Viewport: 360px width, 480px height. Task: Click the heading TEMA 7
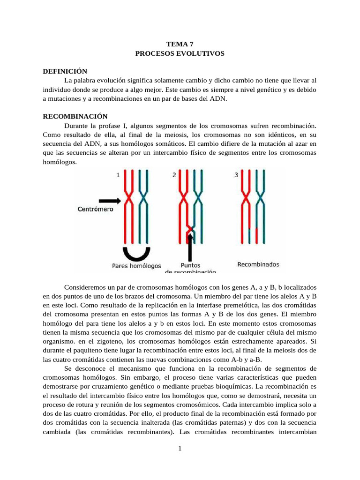180,44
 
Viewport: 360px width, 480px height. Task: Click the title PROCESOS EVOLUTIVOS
180,53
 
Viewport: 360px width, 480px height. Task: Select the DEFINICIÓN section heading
65,71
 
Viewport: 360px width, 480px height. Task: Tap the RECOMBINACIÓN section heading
75,116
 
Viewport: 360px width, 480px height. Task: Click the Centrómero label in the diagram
95,210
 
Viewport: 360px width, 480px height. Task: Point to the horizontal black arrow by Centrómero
109,200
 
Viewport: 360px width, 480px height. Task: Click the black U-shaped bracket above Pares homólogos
136,254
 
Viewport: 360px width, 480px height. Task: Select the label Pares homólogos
136,265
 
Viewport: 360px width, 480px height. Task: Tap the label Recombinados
258,265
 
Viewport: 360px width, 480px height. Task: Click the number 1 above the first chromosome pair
118,175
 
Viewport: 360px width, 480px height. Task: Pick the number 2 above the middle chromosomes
174,175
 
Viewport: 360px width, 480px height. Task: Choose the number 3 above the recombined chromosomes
236,175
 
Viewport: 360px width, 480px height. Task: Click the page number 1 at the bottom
180,449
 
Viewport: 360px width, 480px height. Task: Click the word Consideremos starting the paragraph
85,286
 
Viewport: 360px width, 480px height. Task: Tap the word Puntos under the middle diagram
191,265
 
